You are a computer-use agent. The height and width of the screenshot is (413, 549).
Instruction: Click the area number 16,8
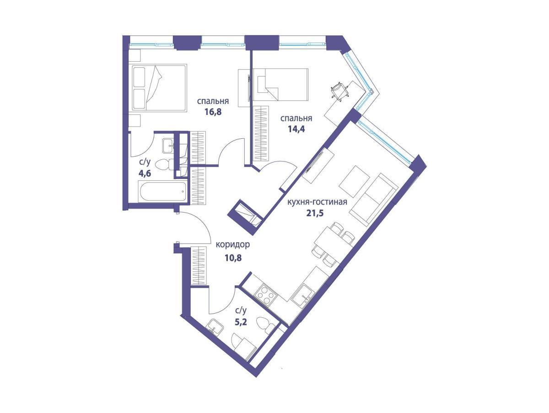(213, 111)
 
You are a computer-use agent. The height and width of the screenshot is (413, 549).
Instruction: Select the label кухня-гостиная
(318, 201)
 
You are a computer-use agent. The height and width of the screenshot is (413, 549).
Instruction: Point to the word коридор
(232, 245)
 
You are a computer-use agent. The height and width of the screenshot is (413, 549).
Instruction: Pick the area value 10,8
(233, 258)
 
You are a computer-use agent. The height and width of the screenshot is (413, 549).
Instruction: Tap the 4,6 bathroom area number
(145, 173)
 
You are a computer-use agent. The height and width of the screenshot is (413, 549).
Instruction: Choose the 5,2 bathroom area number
(241, 321)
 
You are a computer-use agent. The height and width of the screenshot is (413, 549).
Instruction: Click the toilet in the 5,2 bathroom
(266, 325)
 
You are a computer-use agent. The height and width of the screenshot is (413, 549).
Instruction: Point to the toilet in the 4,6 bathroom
(164, 164)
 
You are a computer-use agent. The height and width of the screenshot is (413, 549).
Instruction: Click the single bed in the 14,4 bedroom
(280, 85)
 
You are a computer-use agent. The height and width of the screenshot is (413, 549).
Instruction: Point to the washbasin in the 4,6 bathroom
(169, 146)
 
